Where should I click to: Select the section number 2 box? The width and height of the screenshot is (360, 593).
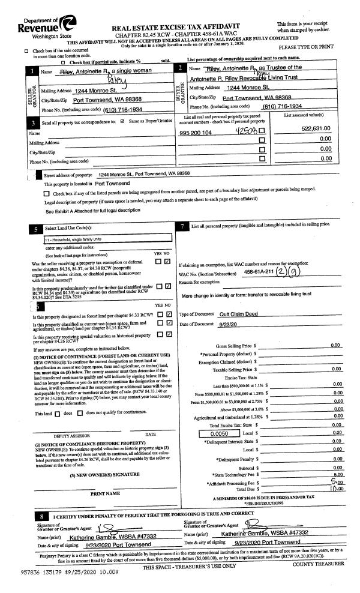pyautogui.click(x=181, y=69)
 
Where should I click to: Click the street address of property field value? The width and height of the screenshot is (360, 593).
pyautogui.click(x=144, y=173)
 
